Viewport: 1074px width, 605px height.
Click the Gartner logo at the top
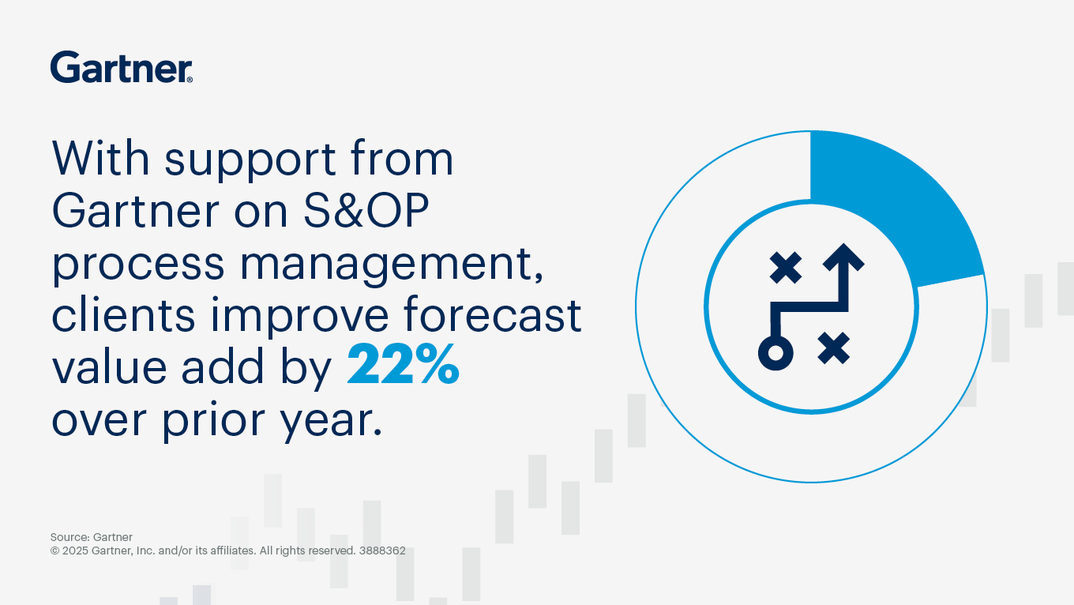click(121, 67)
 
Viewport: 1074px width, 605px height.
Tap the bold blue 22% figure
click(403, 366)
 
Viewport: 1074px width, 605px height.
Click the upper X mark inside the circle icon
click(786, 269)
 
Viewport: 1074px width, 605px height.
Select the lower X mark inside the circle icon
click(833, 348)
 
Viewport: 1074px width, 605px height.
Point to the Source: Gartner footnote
click(92, 537)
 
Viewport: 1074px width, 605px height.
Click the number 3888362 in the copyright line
click(381, 551)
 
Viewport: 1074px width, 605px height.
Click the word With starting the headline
click(101, 159)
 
